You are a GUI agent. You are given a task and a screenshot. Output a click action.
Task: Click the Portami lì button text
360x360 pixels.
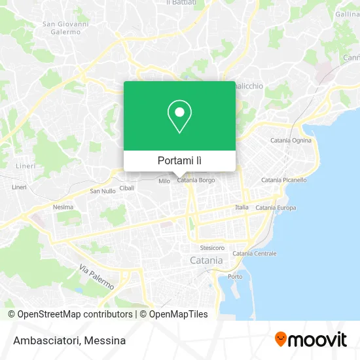[179, 160]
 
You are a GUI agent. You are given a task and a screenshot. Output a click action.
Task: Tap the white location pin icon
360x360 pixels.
[179, 117]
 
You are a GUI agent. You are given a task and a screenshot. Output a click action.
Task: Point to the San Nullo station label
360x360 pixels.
[102, 191]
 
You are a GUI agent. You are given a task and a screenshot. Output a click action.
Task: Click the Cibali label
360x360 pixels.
[127, 188]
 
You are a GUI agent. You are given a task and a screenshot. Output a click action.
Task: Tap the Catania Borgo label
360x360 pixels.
[196, 180]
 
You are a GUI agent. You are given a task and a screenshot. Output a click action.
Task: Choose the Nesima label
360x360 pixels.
[63, 207]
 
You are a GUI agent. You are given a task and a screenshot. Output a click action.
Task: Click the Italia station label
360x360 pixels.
[242, 207]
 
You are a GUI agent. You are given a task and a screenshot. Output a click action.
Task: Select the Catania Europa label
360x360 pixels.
[276, 207]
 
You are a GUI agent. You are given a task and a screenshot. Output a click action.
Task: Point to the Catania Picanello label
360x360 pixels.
[283, 180]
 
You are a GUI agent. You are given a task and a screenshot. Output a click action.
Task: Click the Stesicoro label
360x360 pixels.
[212, 248]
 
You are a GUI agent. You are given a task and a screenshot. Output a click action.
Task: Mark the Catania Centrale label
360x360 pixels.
[254, 253]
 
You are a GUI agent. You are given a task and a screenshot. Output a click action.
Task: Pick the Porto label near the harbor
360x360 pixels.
[234, 277]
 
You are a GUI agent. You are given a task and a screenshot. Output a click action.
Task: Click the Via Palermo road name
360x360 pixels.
[96, 278]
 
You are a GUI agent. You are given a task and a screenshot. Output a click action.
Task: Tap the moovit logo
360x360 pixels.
[310, 340]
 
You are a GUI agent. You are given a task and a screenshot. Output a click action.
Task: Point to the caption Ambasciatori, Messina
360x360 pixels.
[68, 340]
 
